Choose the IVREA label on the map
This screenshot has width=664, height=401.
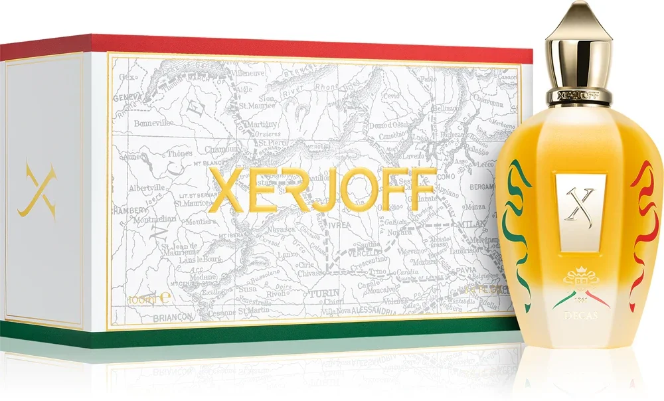tap(339, 224)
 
